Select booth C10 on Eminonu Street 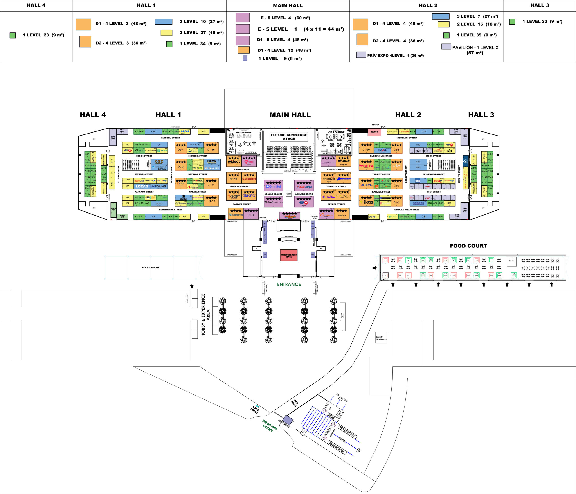tap(153, 132)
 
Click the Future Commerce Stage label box tap(289, 137)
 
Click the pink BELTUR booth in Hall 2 tap(374, 132)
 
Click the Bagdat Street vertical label tap(406, 174)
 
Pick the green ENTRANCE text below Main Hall tap(289, 284)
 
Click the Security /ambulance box tap(381, 338)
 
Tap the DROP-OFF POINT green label tap(269, 425)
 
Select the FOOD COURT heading tap(468, 246)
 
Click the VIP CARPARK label tap(150, 267)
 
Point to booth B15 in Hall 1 tap(203, 132)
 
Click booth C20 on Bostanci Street tap(424, 132)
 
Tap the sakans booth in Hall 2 tap(418, 203)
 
